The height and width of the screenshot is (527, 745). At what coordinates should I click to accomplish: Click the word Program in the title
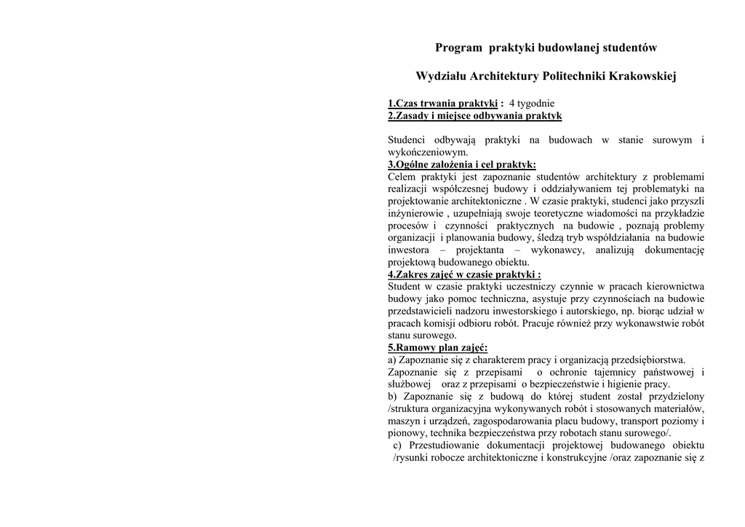[x=458, y=48]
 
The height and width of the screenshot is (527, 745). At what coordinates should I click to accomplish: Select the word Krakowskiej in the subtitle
[x=642, y=76]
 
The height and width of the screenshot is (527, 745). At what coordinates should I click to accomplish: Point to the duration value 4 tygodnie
[x=531, y=103]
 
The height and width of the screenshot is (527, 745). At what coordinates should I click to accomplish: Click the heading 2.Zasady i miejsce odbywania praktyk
[x=474, y=116]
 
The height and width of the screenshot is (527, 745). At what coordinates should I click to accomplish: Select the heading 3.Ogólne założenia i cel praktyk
[x=461, y=165]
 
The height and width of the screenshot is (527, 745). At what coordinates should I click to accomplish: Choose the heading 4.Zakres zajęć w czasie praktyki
[x=464, y=274]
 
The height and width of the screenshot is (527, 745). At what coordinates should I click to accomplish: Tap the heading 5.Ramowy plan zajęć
[x=437, y=348]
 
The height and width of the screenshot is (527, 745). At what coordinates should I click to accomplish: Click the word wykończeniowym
[x=428, y=152]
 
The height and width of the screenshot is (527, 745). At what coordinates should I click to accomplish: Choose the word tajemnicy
[x=617, y=372]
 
